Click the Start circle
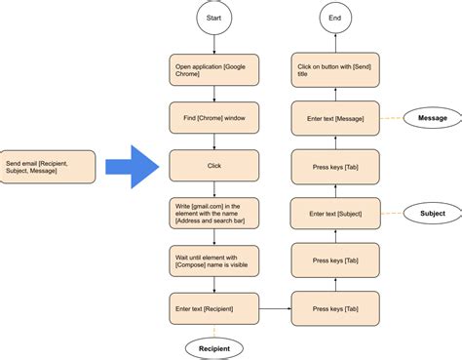coord(214,17)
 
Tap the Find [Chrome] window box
coord(214,117)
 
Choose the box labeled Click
coord(214,165)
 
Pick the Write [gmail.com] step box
coord(214,213)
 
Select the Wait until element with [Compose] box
coord(214,260)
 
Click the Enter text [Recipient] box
coord(214,308)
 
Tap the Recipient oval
coord(214,346)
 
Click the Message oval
coord(433,118)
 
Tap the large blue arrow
coord(132,165)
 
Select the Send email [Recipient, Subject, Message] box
coord(48,166)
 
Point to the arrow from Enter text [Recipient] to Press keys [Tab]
coord(276,308)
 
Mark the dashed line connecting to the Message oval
coord(393,118)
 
